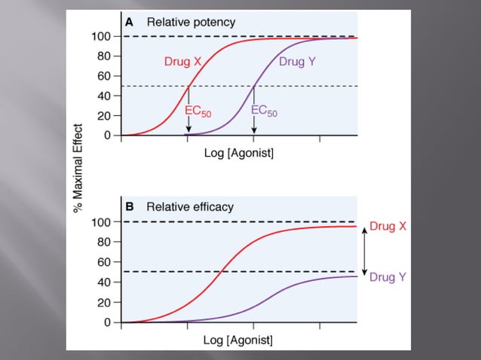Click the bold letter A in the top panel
point(129,23)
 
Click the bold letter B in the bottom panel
point(129,206)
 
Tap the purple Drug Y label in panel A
point(297,62)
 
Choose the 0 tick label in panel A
point(108,136)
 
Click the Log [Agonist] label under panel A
point(238,154)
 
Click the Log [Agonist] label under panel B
point(238,340)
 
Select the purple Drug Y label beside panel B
point(388,277)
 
